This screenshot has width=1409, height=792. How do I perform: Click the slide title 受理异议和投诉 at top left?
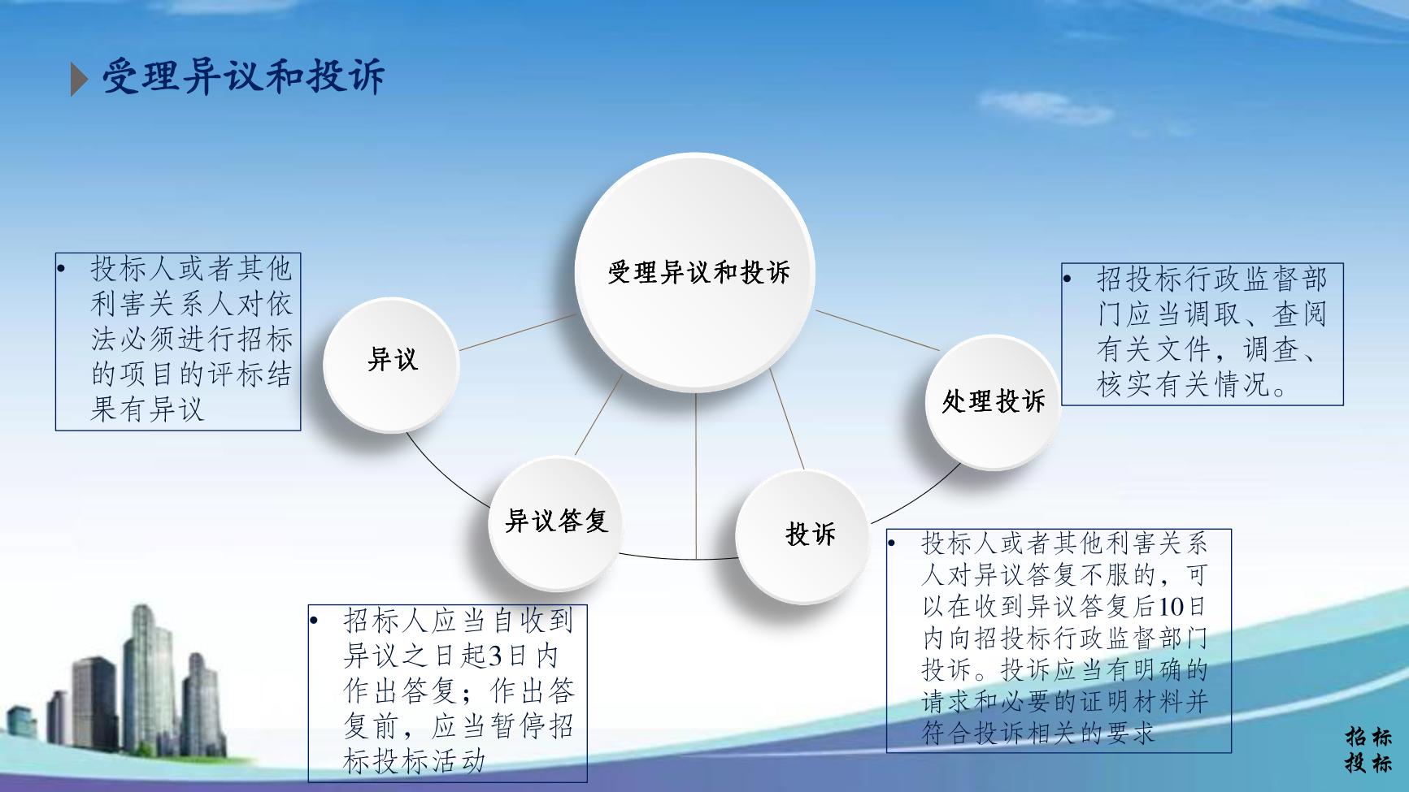pyautogui.click(x=242, y=78)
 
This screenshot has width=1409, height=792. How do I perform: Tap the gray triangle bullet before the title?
pyautogui.click(x=79, y=79)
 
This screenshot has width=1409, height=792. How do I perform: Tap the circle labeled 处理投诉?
pyautogui.click(x=993, y=401)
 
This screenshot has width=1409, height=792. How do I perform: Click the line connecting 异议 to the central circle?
pyautogui.click(x=518, y=332)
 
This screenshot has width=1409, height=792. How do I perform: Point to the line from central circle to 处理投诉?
pyautogui.click(x=876, y=330)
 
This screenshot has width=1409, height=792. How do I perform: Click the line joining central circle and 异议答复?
pyautogui.click(x=599, y=415)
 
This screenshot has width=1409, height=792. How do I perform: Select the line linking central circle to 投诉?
pyautogui.click(x=787, y=419)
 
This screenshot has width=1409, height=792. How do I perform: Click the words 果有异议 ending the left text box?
pyautogui.click(x=147, y=409)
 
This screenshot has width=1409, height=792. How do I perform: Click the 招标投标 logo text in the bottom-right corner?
pyautogui.click(x=1368, y=749)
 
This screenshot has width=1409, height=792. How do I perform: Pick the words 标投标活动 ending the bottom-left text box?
pyautogui.click(x=414, y=760)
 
